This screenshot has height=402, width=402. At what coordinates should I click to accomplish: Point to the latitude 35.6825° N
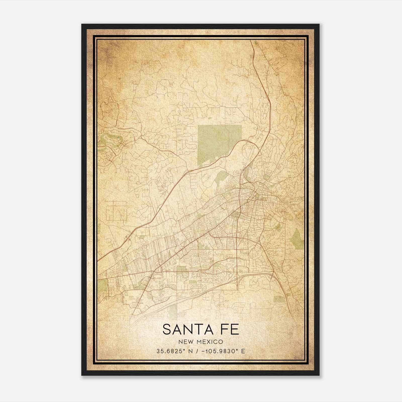point(174,351)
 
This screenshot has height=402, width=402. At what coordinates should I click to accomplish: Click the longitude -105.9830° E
point(225,351)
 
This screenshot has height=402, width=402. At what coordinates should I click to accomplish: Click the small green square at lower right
point(279,299)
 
